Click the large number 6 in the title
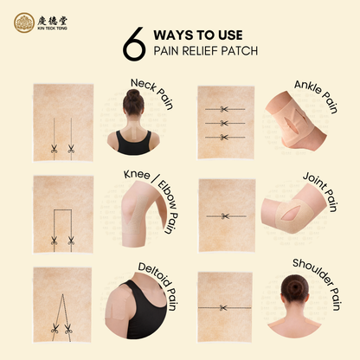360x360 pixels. pos(133,48)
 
